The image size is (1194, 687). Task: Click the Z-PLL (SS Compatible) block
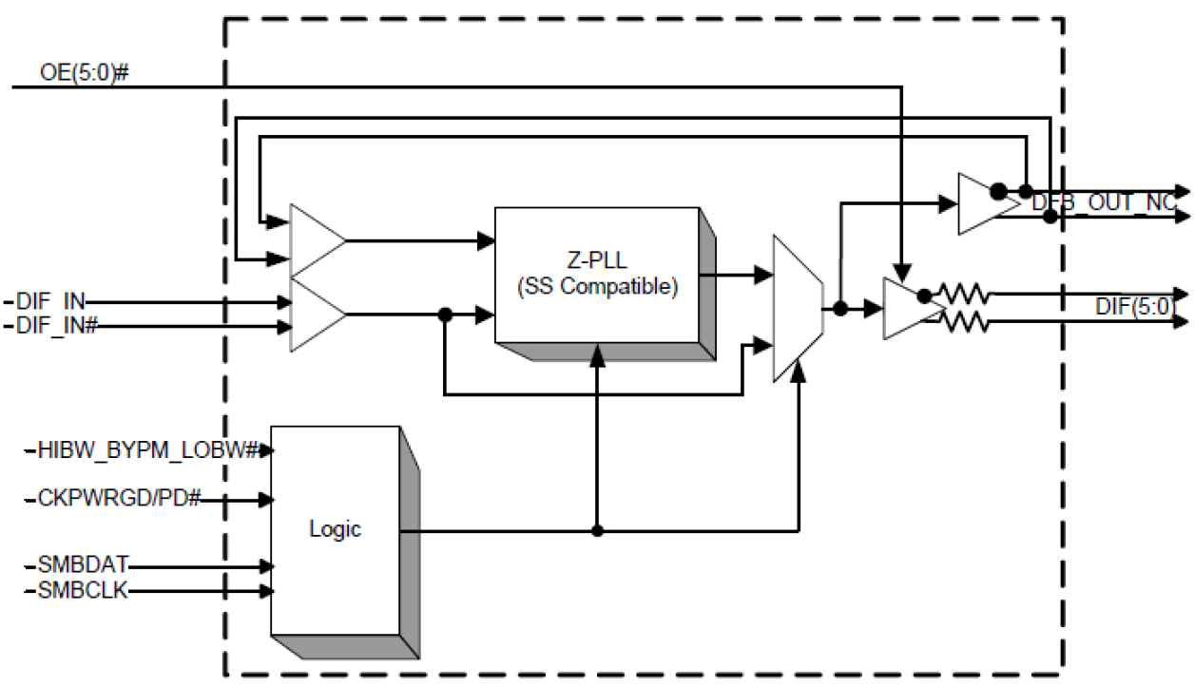[597, 275]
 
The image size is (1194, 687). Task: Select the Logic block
[335, 529]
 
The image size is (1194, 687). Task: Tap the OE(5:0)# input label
[84, 72]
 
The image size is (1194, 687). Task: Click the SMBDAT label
[83, 566]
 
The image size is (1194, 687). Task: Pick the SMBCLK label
[83, 591]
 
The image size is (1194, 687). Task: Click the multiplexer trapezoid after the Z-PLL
[797, 308]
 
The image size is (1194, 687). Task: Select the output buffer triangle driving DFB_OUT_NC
[977, 202]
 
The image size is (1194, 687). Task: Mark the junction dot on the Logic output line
[597, 530]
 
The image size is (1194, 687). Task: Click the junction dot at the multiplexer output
[840, 308]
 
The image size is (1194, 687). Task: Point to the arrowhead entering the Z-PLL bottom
[597, 353]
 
